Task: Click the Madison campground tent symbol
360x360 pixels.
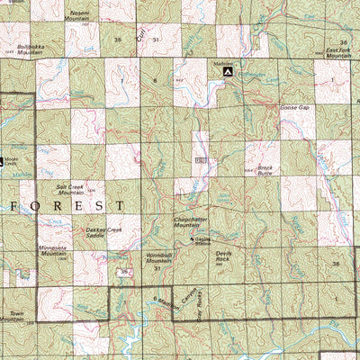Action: [229, 71]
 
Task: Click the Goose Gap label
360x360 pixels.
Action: [294, 106]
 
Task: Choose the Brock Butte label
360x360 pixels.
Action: [265, 170]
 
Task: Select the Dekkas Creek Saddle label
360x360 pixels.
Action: [103, 232]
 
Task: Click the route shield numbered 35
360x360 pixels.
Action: [123, 271]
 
